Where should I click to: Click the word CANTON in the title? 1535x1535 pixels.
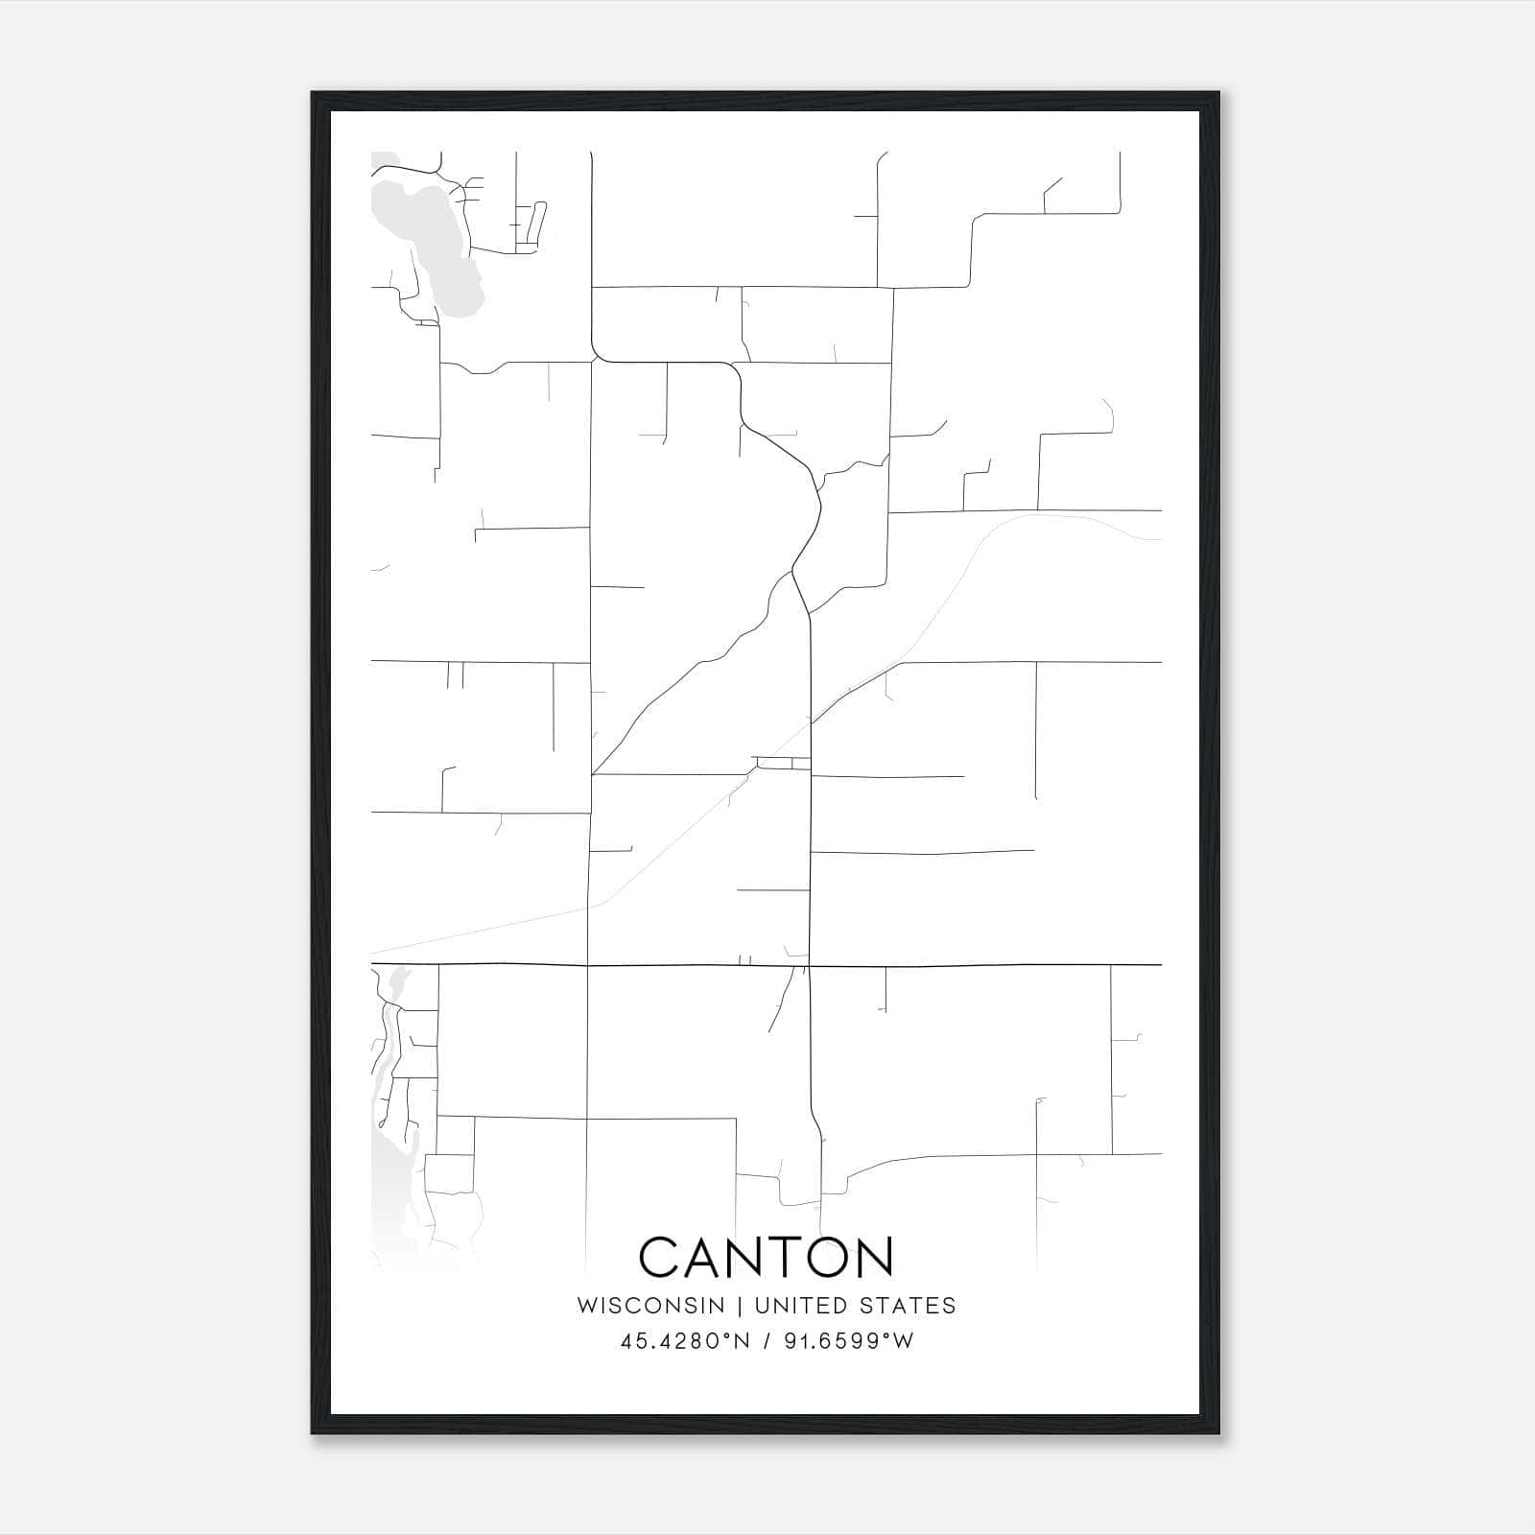[x=766, y=1257]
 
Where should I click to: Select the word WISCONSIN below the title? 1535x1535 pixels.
[x=650, y=1306]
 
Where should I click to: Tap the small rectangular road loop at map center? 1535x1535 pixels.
[x=783, y=764]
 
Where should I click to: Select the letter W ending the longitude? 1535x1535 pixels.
[x=903, y=1341]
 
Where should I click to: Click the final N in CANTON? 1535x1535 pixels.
[x=877, y=1257]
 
